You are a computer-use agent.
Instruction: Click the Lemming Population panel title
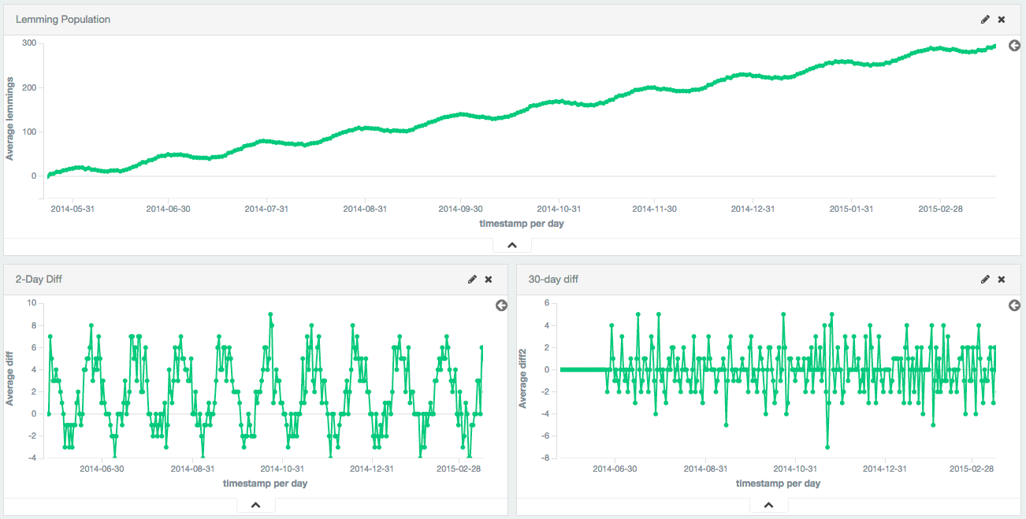(63, 19)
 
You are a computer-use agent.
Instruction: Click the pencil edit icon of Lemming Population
(985, 20)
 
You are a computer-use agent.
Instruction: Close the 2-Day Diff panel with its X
(489, 280)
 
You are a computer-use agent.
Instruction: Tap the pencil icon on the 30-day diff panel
(985, 280)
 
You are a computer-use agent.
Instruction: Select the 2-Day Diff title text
(39, 279)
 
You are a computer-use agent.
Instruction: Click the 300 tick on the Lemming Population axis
(28, 43)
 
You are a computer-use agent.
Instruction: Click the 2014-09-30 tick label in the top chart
(460, 209)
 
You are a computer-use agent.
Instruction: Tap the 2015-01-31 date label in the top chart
(851, 209)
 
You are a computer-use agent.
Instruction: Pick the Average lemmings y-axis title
(10, 118)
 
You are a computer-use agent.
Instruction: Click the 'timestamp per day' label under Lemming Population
(522, 224)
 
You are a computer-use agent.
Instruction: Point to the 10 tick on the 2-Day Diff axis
(32, 303)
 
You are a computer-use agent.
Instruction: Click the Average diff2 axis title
(522, 380)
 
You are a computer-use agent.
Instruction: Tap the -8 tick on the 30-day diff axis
(545, 458)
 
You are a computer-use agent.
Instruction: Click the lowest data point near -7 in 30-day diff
(827, 447)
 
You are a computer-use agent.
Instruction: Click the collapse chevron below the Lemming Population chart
(512, 245)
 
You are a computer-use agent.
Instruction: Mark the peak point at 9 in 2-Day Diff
(270, 314)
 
